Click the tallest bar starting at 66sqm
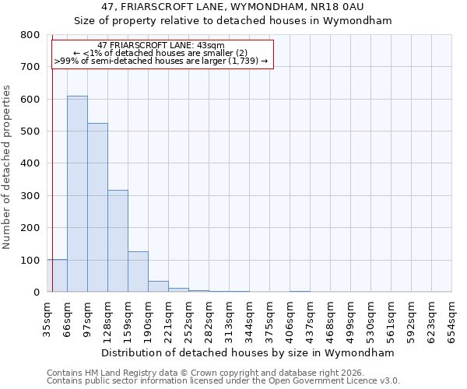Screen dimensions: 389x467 77,194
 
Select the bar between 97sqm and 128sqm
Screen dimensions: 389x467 97,208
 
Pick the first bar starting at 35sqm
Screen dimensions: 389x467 57,275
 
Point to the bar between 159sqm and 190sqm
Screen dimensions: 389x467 138,272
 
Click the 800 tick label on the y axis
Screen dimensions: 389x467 30,35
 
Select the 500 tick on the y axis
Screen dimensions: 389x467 30,131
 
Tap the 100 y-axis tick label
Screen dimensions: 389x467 30,260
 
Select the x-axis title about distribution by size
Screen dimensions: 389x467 248,352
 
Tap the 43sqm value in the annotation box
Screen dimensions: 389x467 209,46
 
